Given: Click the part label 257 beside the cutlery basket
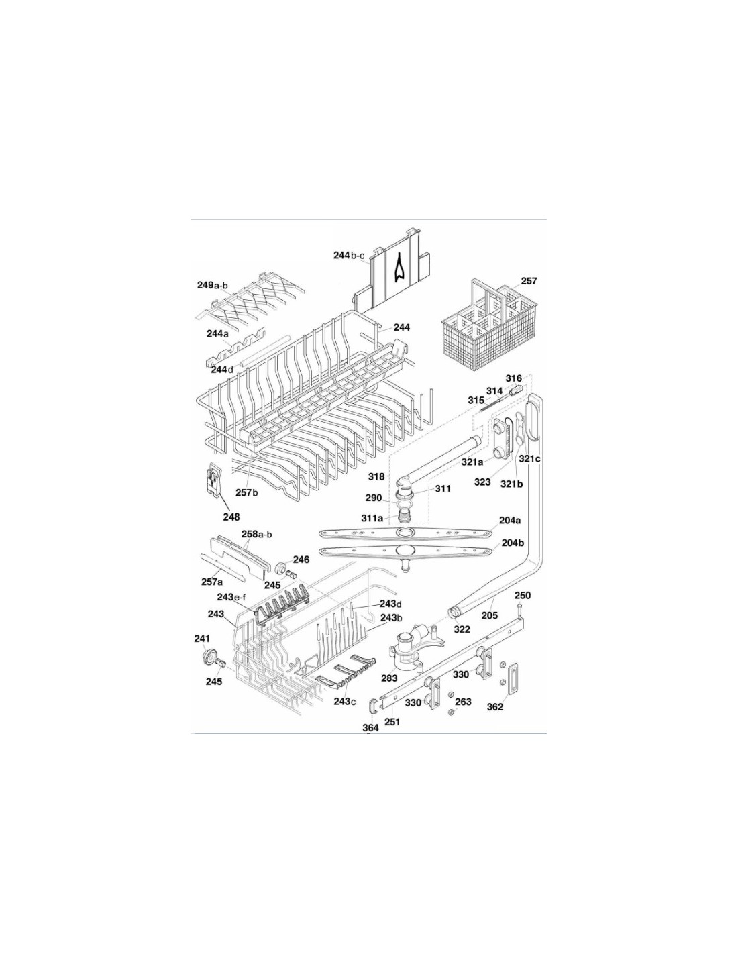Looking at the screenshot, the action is (528, 281).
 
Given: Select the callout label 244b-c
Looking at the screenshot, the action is (349, 255).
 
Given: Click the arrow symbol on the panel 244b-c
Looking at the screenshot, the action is (399, 268).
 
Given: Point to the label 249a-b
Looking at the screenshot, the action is (212, 285).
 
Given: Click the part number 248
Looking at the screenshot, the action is (231, 517).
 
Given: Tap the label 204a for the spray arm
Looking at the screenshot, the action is (511, 521).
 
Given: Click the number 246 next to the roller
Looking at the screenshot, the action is (301, 560).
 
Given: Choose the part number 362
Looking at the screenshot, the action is (494, 707).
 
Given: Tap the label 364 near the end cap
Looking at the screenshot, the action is (370, 727).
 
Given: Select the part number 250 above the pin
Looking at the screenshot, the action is (523, 596).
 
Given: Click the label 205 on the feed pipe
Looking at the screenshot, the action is (490, 615).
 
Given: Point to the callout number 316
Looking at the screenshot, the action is (513, 378).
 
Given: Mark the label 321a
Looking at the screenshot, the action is (472, 462).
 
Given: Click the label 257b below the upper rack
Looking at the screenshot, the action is (246, 492).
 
